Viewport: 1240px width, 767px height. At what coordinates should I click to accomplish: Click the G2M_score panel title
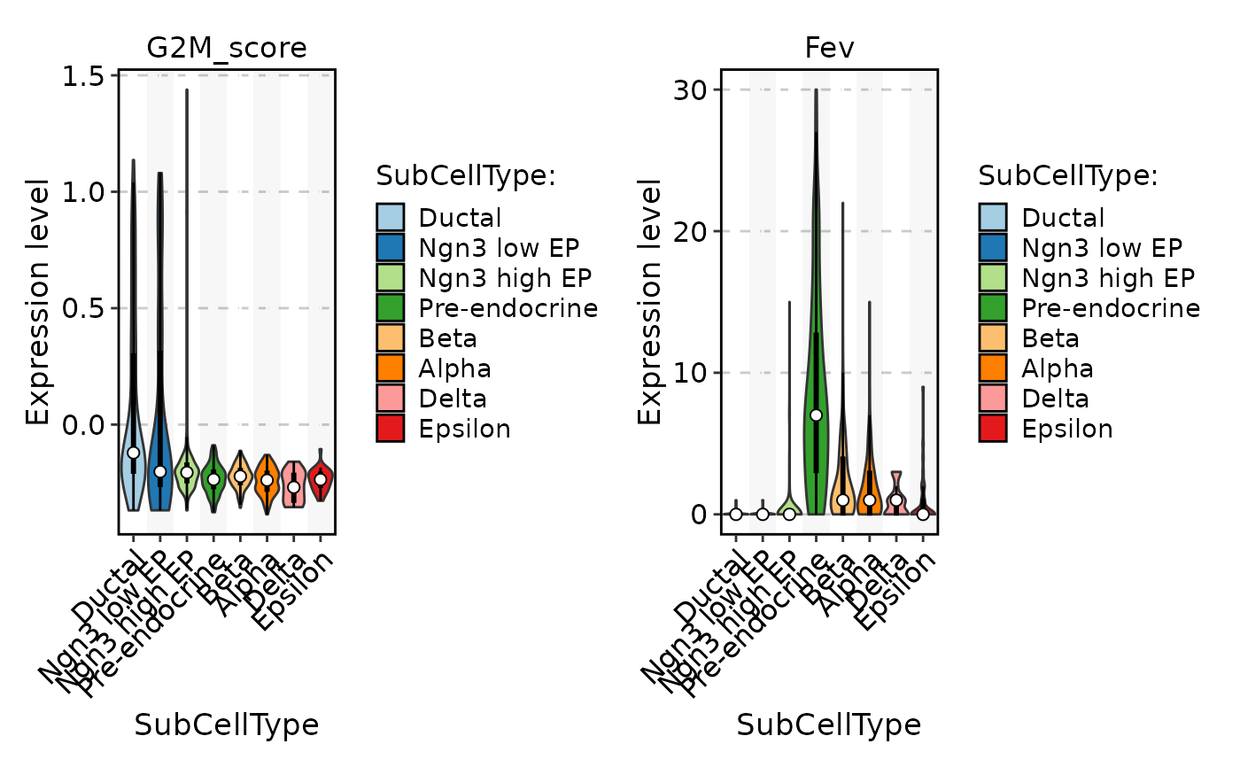pyautogui.click(x=227, y=48)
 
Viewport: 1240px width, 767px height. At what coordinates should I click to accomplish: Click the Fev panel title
pyautogui.click(x=829, y=48)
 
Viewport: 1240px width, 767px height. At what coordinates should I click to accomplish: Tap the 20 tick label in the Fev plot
pyautogui.click(x=697, y=232)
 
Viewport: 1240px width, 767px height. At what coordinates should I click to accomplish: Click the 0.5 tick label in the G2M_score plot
pyautogui.click(x=86, y=308)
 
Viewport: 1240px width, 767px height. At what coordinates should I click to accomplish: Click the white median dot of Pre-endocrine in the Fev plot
pyautogui.click(x=816, y=414)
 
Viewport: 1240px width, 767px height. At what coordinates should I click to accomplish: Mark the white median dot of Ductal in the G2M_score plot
pyautogui.click(x=133, y=452)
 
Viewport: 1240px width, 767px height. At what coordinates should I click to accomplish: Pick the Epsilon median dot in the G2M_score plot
pyautogui.click(x=321, y=478)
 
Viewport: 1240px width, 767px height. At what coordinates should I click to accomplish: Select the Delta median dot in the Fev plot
pyautogui.click(x=896, y=500)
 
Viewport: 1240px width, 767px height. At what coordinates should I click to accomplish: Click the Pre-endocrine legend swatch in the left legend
pyautogui.click(x=391, y=308)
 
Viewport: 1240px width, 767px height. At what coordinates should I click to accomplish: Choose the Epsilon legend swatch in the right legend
pyautogui.click(x=993, y=429)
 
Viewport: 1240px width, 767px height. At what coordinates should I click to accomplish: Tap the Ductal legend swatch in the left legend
pyautogui.click(x=391, y=218)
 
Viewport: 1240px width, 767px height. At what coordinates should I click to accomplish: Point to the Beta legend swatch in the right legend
pyautogui.click(x=993, y=338)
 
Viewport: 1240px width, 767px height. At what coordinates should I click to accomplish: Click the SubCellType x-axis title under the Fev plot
pyautogui.click(x=829, y=725)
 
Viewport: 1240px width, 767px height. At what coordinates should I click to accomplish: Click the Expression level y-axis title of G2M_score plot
pyautogui.click(x=37, y=301)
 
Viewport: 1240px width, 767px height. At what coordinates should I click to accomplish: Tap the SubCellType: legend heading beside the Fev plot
pyautogui.click(x=1068, y=175)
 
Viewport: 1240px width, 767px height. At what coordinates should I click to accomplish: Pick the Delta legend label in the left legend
pyautogui.click(x=453, y=399)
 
